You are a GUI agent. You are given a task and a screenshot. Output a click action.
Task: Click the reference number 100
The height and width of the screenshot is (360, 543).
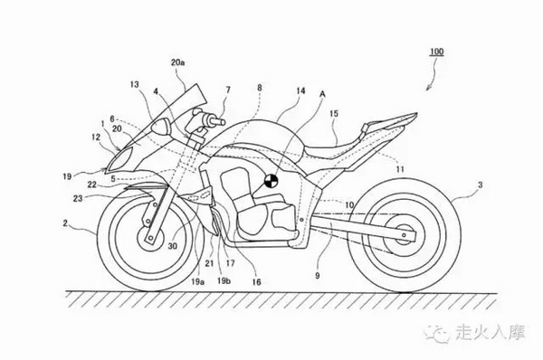click(436, 52)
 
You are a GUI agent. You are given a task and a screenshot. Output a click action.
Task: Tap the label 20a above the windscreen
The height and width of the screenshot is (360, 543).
click(177, 62)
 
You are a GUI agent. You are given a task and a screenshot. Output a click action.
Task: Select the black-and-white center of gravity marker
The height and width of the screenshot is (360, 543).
click(271, 181)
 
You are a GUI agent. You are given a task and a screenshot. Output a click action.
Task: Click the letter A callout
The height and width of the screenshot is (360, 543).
click(323, 94)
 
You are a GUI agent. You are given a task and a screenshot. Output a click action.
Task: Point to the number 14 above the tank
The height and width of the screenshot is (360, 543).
click(300, 91)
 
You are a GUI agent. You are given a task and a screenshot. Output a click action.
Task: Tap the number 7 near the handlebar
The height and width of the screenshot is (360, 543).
click(228, 90)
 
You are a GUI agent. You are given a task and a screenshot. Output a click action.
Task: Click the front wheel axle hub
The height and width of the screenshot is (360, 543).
click(151, 238)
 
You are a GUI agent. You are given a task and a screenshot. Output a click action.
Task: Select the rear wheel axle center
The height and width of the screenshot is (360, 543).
click(404, 234)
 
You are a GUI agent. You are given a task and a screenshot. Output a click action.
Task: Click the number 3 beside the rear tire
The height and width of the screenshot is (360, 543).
click(480, 185)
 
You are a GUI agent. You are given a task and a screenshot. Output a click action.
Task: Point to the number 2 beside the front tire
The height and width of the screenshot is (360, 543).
click(65, 223)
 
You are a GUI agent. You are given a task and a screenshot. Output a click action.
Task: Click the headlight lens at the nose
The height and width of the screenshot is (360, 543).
click(119, 159)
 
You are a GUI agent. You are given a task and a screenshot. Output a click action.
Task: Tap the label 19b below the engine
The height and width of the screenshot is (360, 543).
click(224, 280)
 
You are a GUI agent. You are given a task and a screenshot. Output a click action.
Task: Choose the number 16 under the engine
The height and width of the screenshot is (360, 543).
click(256, 282)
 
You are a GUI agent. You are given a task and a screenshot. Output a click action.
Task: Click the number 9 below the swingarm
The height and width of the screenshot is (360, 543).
click(318, 276)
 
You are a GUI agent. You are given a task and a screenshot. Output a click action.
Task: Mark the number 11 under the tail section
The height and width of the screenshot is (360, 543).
click(400, 169)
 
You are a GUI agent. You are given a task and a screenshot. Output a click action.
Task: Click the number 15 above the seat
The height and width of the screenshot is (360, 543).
click(334, 114)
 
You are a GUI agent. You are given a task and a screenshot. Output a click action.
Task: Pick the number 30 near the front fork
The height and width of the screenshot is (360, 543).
click(173, 246)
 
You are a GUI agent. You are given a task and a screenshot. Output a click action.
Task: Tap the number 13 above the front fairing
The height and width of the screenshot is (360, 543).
click(135, 84)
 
